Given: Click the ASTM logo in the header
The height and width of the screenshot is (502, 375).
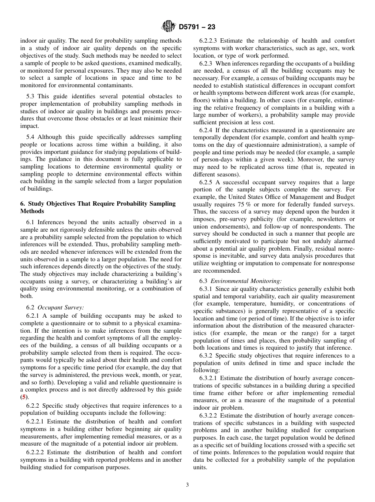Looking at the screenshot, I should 169,27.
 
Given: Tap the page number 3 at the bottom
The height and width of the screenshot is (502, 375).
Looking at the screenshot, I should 187,485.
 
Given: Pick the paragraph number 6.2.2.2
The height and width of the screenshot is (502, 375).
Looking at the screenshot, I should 36,452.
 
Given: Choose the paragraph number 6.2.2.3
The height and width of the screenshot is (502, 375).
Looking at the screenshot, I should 209,41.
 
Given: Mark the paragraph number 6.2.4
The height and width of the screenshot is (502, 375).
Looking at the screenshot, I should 206,130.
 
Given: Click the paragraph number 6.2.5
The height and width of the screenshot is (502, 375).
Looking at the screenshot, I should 206,182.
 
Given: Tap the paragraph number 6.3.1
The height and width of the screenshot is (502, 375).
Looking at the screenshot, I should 206,289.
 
